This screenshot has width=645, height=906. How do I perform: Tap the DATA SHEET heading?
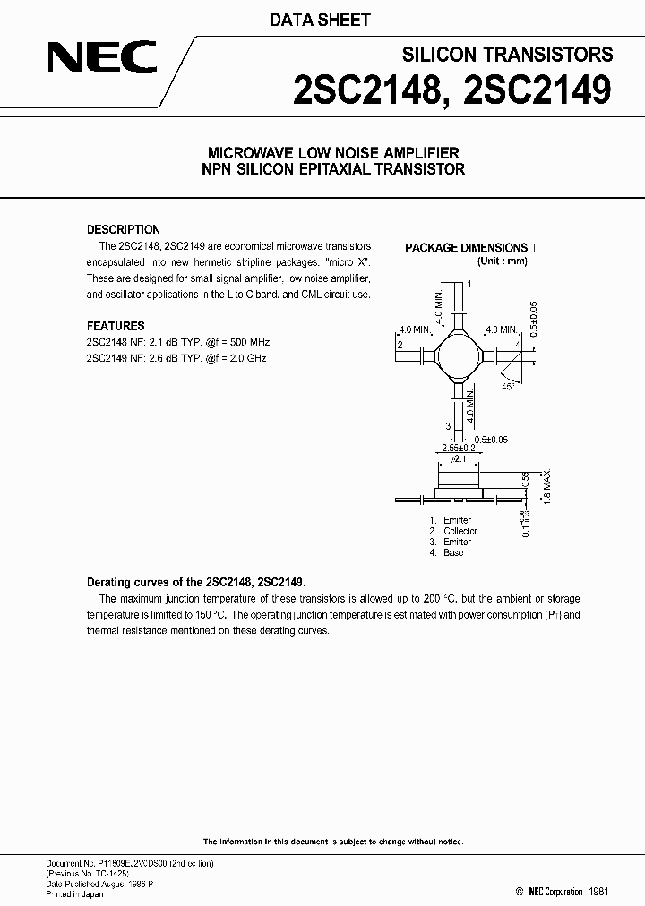321,20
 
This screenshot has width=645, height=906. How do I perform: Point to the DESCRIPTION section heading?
123,229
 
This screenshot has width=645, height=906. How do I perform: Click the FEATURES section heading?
115,326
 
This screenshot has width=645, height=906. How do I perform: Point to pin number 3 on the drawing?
448,425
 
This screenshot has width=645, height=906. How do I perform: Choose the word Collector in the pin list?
460,531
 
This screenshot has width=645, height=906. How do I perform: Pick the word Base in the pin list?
453,552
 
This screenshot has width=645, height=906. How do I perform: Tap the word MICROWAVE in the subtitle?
246,153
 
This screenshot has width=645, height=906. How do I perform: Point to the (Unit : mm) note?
502,261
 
